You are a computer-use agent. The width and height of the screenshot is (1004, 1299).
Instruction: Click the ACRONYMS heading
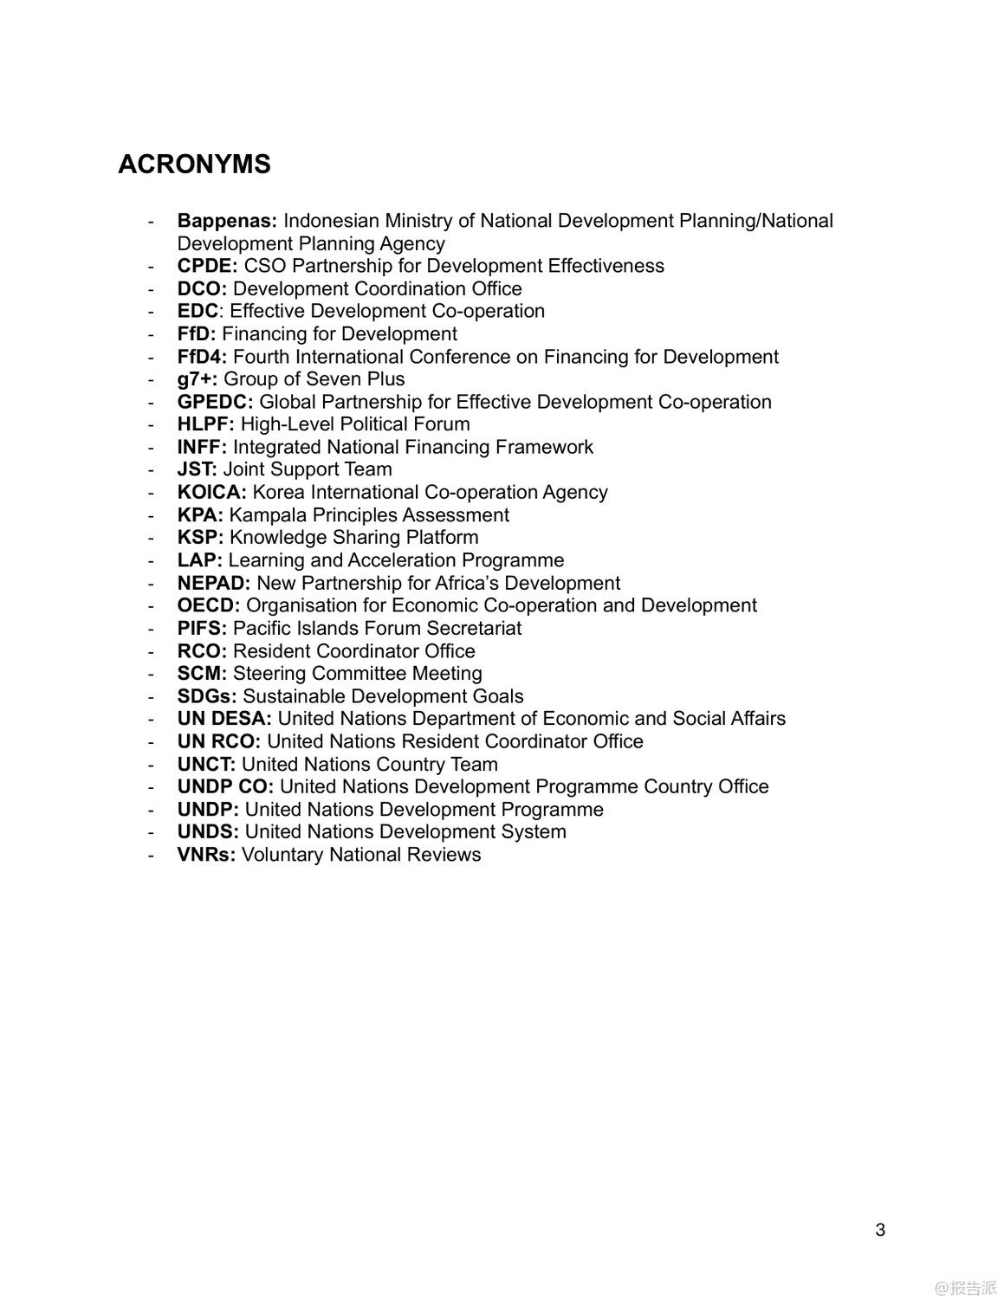(x=194, y=164)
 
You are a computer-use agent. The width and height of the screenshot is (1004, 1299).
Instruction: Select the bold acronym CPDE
(x=207, y=267)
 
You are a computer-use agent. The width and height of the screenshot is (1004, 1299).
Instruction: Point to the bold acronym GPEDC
(x=215, y=402)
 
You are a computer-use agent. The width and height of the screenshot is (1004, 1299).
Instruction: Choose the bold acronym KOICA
(x=211, y=493)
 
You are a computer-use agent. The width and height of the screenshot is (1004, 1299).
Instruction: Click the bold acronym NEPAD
(x=213, y=583)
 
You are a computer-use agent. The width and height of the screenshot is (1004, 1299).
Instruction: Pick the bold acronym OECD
(x=208, y=605)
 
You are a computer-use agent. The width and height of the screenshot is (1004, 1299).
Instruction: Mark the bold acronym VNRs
(x=206, y=855)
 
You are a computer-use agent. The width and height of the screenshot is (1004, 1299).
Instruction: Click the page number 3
(x=880, y=1230)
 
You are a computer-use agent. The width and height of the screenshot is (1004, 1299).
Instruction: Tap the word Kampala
(x=268, y=515)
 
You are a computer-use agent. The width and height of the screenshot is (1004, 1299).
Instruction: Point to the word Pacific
(x=262, y=629)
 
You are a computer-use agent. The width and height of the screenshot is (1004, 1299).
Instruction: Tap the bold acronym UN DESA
(x=224, y=719)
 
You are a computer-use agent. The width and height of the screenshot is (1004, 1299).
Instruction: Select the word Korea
(x=278, y=493)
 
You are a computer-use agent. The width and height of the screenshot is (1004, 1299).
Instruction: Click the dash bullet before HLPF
(x=152, y=425)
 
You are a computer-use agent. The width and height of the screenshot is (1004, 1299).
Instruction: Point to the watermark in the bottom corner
(x=965, y=1288)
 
